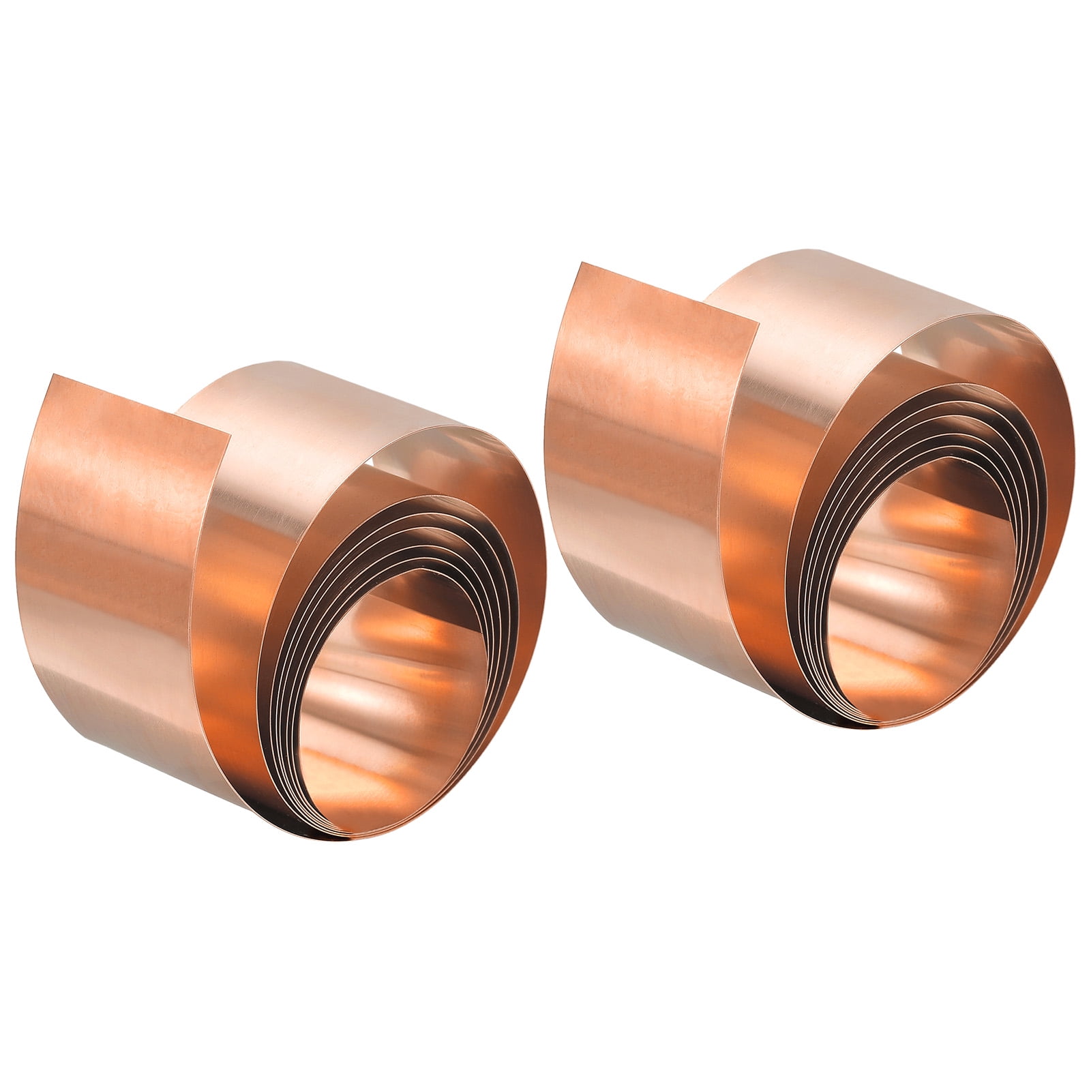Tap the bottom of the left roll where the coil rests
point(355,835)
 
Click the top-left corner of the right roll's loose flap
point(581,263)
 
